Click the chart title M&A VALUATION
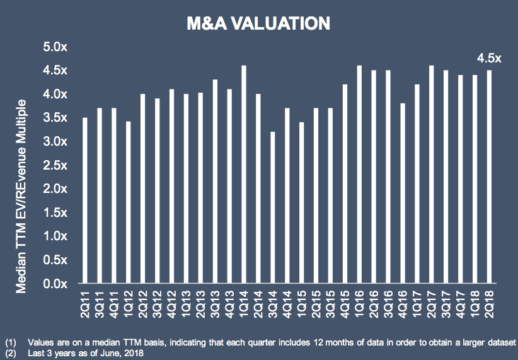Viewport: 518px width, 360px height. click(x=258, y=24)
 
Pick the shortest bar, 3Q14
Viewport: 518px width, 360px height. click(x=273, y=207)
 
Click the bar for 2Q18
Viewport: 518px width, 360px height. click(x=489, y=177)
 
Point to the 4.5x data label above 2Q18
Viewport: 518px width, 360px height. click(x=489, y=59)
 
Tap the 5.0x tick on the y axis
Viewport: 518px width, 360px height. click(x=55, y=47)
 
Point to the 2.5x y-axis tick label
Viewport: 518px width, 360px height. click(x=55, y=165)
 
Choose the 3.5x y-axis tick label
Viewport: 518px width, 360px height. click(x=55, y=118)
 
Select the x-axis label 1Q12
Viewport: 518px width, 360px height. click(x=129, y=304)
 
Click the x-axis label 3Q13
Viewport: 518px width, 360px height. click(x=215, y=304)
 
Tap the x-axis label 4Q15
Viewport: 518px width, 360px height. click(x=345, y=304)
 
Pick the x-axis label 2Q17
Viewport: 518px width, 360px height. click(x=432, y=304)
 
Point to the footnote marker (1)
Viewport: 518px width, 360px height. click(x=11, y=342)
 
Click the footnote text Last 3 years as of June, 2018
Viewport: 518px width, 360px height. click(x=86, y=353)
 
